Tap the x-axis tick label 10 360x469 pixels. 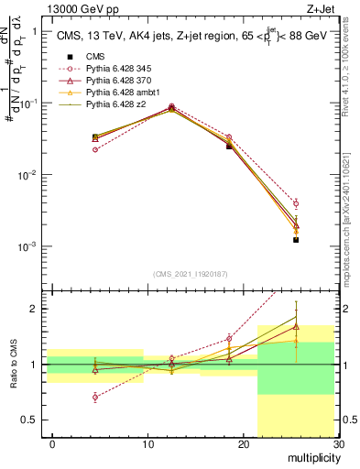point(147,444)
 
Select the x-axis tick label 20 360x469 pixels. point(243,444)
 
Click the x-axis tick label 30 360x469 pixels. point(337,444)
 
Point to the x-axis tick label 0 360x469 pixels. point(52,444)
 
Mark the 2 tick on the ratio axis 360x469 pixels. point(35,309)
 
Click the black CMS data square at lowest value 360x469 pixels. point(296,240)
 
